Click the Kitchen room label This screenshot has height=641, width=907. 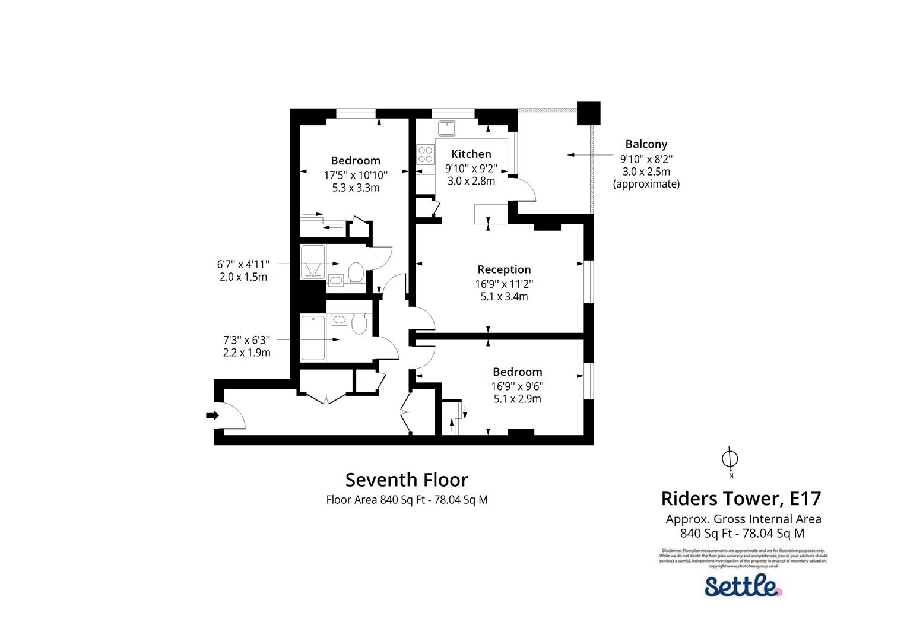tap(471, 154)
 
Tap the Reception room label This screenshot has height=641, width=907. tap(504, 269)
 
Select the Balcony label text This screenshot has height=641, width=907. tap(646, 144)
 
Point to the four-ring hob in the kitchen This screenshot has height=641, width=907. tap(425, 154)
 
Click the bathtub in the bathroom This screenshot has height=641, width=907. tap(313, 338)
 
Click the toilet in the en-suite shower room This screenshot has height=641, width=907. tap(356, 273)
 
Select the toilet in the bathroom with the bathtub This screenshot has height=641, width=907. tap(358, 324)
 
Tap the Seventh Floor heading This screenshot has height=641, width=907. tap(407, 480)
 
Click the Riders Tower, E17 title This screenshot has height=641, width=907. tap(741, 497)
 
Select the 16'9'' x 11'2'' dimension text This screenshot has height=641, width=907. tap(504, 284)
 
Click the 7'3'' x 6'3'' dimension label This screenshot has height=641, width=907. tap(246, 340)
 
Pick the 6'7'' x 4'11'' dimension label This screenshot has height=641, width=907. tap(243, 264)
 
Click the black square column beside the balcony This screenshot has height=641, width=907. tap(588, 113)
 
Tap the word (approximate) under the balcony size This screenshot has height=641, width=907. tap(646, 184)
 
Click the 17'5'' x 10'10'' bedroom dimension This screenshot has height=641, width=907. tap(356, 175)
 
